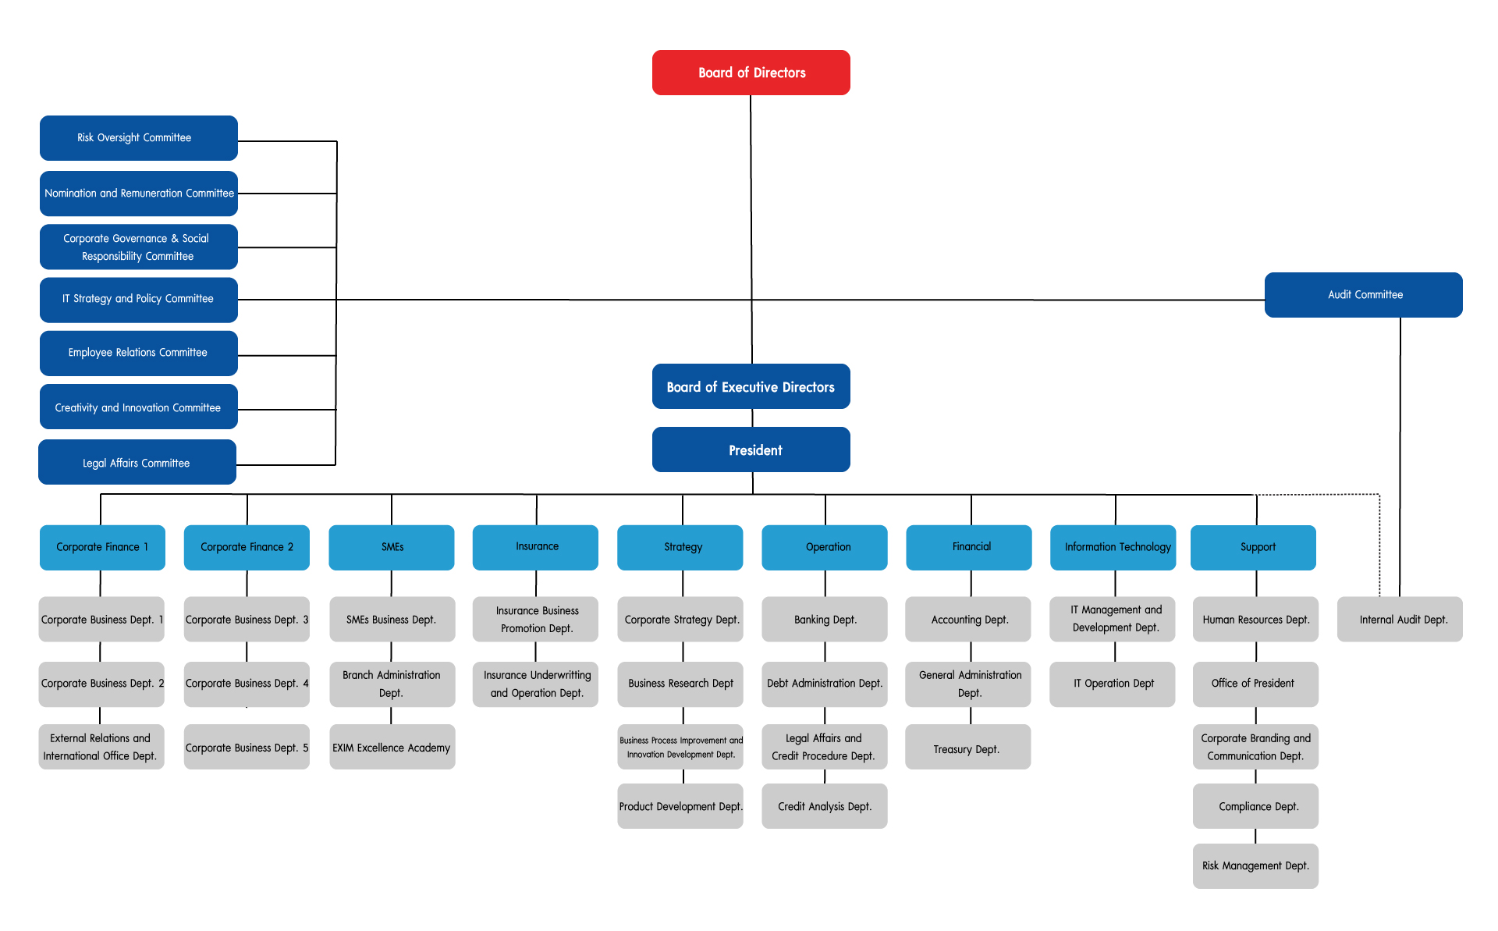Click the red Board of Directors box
pyautogui.click(x=751, y=73)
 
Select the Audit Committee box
pyautogui.click(x=1363, y=295)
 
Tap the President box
pyautogui.click(x=751, y=450)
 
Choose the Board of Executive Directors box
pyautogui.click(x=751, y=386)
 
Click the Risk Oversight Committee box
pyautogui.click(x=139, y=138)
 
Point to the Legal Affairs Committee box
pyautogui.click(x=137, y=462)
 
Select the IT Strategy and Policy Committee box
pyautogui.click(x=139, y=300)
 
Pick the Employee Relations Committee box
pyautogui.click(x=139, y=354)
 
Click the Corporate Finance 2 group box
pyautogui.click(x=247, y=548)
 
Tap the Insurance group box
pyautogui.click(x=535, y=548)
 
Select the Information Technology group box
pyautogui.click(x=1113, y=548)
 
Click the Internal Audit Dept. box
pyautogui.click(x=1400, y=620)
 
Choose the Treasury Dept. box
pyautogui.click(x=967, y=747)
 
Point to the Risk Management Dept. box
pyautogui.click(x=1255, y=866)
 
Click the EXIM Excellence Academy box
pyautogui.click(x=392, y=747)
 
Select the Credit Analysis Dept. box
pyautogui.click(x=824, y=806)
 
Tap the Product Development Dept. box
pyautogui.click(x=680, y=806)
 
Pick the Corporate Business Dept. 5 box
pyautogui.click(x=247, y=747)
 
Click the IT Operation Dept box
pyautogui.click(x=1112, y=684)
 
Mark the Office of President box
pyautogui.click(x=1255, y=684)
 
